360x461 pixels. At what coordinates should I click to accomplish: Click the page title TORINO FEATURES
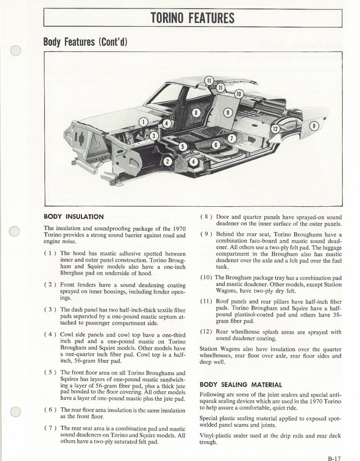pos(193,18)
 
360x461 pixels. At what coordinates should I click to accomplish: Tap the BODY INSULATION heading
pos(73,217)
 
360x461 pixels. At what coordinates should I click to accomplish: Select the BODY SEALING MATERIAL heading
pos(241,385)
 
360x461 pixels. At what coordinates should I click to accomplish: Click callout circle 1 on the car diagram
pos(144,122)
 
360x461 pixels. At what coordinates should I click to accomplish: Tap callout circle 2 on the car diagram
pos(167,161)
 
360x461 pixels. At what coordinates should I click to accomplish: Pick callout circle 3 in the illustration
pos(154,136)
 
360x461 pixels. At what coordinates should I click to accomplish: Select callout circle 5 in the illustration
pos(182,146)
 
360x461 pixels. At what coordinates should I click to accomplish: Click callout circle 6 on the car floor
pos(216,145)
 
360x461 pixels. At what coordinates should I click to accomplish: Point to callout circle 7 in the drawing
pos(231,138)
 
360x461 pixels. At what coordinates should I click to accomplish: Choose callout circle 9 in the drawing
pos(228,113)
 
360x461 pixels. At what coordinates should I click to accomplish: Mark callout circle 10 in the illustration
pos(239,94)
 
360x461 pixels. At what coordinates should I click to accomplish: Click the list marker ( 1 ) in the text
pos(50,253)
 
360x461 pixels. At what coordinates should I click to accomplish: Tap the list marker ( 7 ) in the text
pos(50,428)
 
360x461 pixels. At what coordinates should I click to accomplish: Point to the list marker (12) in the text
pos(207,332)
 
